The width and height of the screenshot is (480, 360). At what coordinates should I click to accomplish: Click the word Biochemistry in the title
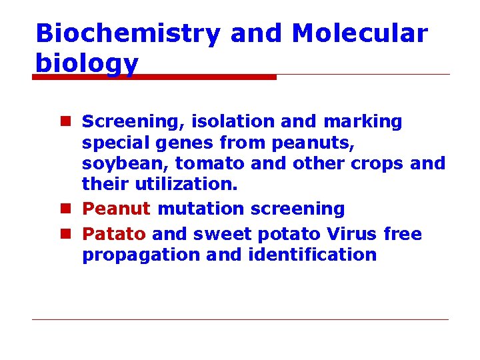click(127, 33)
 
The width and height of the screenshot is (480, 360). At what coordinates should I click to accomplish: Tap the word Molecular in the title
click(360, 33)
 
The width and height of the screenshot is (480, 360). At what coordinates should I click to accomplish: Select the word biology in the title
click(87, 64)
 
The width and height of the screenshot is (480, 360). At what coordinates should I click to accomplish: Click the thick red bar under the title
click(154, 77)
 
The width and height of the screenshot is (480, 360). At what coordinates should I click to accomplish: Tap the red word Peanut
click(116, 209)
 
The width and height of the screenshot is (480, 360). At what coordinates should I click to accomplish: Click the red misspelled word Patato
click(114, 234)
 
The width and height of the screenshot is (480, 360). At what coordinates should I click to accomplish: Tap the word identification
click(312, 255)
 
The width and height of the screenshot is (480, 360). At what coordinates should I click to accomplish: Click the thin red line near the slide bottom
click(240, 319)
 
